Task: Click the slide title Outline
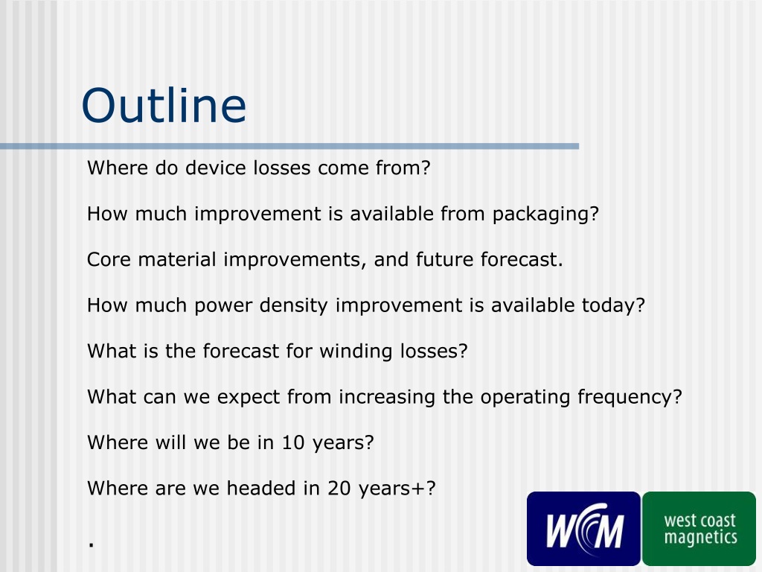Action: click(164, 105)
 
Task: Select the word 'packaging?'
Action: click(545, 214)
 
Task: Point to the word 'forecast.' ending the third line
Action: click(522, 259)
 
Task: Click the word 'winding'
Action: click(356, 352)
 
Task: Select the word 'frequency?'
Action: click(630, 398)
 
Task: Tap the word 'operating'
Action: click(525, 398)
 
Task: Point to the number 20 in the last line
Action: click(339, 489)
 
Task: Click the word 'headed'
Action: click(261, 488)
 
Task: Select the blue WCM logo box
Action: click(583, 529)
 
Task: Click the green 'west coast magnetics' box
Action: click(699, 529)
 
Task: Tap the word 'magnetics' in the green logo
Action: click(701, 538)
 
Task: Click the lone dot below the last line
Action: click(91, 544)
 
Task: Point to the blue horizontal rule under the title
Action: click(289, 147)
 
